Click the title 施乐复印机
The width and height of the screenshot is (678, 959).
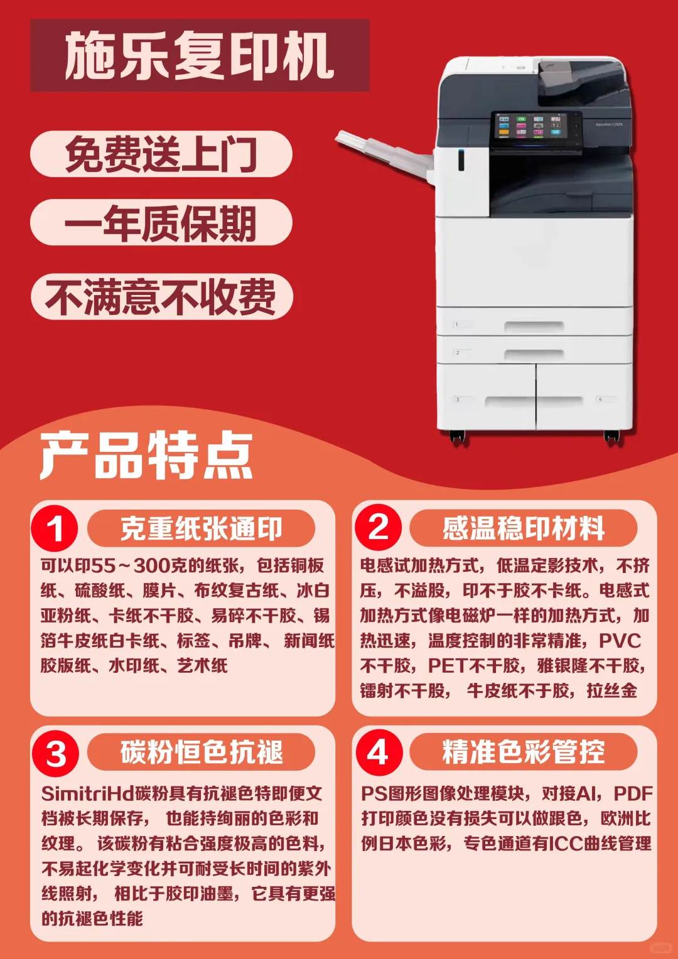(199, 56)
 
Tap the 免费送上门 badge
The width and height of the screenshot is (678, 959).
(161, 154)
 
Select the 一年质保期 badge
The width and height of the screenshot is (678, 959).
(161, 223)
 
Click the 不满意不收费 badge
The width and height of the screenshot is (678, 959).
(161, 297)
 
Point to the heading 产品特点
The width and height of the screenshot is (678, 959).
(146, 456)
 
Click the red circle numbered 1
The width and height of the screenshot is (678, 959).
(55, 528)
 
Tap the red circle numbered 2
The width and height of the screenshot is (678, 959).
(378, 527)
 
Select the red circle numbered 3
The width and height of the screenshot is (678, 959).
(55, 753)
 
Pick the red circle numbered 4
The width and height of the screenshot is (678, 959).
(378, 753)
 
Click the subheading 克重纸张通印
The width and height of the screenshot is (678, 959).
(201, 528)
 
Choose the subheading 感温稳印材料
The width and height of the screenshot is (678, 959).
(523, 528)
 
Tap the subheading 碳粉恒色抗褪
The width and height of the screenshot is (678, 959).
(201, 753)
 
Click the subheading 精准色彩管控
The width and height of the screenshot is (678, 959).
(523, 753)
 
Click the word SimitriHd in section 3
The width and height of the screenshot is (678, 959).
(87, 794)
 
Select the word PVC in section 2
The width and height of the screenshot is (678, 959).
(620, 641)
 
